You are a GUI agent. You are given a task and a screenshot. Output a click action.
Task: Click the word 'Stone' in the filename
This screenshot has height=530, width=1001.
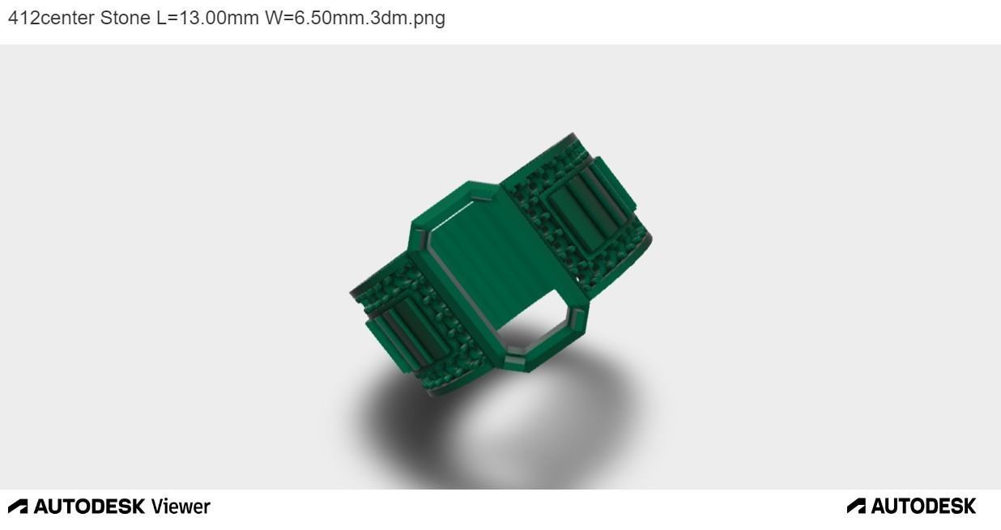coord(125,18)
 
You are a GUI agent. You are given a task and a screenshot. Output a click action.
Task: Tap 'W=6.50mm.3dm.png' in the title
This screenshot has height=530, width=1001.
coord(355,18)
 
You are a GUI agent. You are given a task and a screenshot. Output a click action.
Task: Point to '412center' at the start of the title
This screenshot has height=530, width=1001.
coord(51,18)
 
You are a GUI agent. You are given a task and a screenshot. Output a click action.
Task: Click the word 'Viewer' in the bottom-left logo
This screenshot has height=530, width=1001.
coord(181,507)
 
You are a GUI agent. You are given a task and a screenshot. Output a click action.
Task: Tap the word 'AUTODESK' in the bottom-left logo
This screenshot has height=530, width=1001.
coord(89,507)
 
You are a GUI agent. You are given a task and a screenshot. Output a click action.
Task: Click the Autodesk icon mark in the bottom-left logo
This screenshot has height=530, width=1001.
coord(18,507)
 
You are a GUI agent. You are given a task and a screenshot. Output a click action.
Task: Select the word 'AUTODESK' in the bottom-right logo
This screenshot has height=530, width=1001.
coord(923,507)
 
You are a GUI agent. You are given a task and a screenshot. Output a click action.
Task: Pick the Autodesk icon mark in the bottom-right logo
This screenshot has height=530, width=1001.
coord(856,507)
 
